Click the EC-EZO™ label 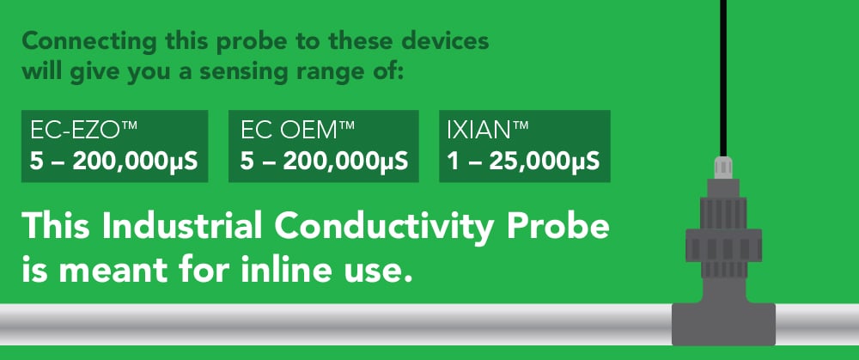[x=83, y=131]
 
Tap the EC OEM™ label [x=297, y=131]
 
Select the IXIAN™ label [x=488, y=131]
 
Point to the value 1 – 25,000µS [x=523, y=162]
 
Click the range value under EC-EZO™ [x=114, y=162]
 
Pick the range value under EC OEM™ [x=324, y=162]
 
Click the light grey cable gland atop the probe [x=723, y=168]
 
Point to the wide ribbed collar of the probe [x=723, y=245]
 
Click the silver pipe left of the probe [x=335, y=324]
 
